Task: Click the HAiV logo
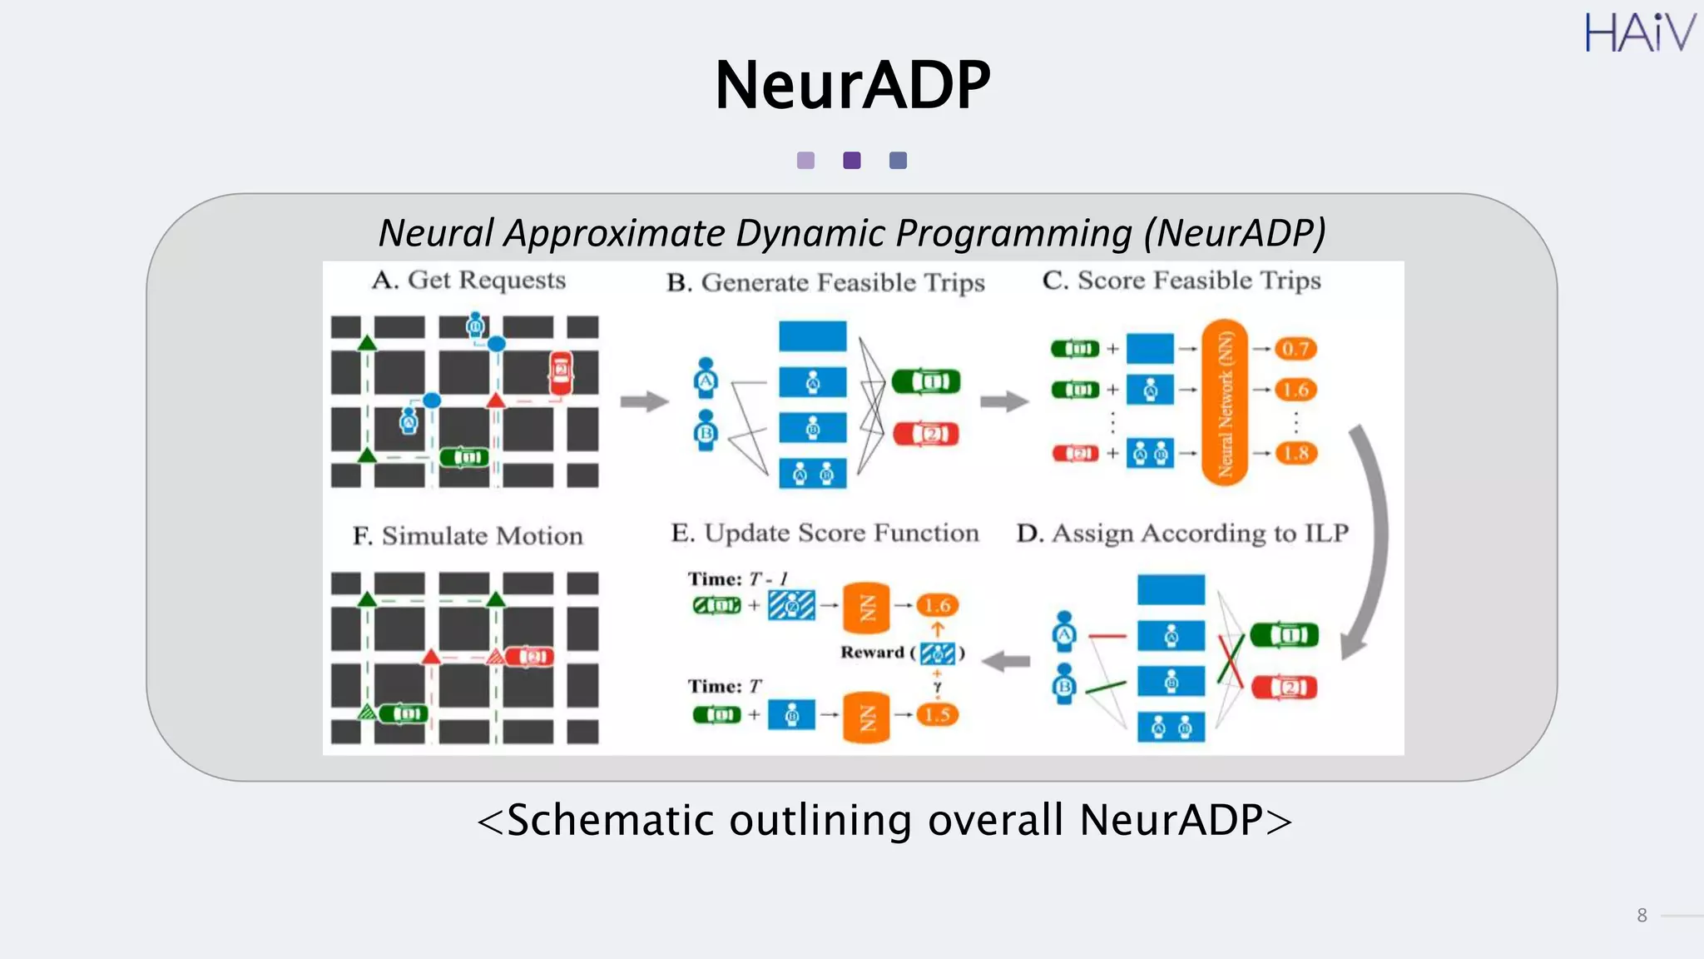1639,33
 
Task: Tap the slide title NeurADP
852,85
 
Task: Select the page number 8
1642,916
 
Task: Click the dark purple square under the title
852,161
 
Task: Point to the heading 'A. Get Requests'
468,281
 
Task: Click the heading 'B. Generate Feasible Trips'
825,283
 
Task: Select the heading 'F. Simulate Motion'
468,536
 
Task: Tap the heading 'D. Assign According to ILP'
1181,534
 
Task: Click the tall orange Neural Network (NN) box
1225,402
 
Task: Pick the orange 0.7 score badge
1295,349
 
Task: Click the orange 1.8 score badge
1295,454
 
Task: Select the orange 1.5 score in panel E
938,714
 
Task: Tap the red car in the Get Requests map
561,371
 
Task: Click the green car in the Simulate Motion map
404,713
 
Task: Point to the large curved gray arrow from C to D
1371,541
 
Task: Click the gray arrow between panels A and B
644,402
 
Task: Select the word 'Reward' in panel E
871,653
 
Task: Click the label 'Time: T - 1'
737,579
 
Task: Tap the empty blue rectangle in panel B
812,336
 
